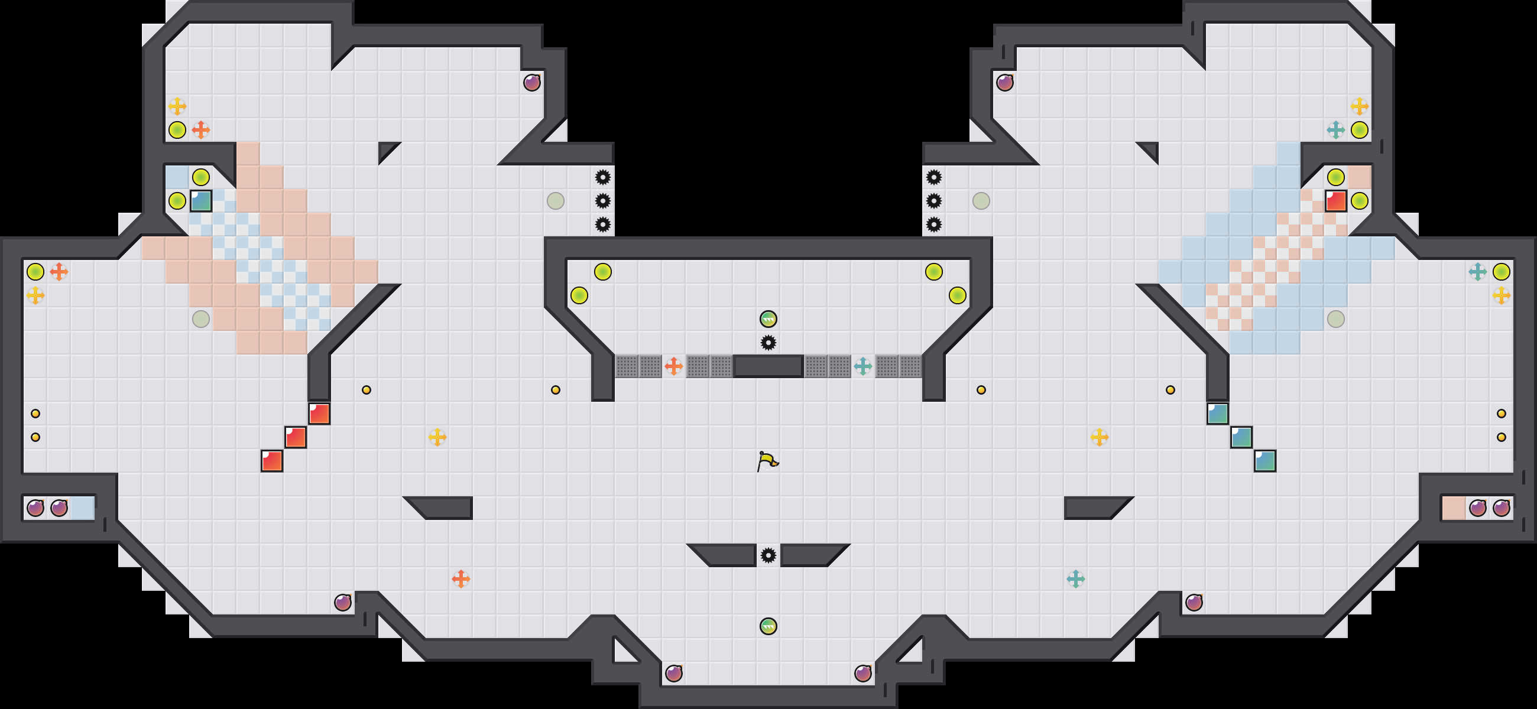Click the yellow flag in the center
tap(768, 461)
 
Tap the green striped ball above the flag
tap(768, 319)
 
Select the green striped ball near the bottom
tap(768, 626)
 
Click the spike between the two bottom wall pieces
tap(768, 555)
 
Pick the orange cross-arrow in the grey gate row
tap(674, 366)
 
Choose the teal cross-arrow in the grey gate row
tap(862, 366)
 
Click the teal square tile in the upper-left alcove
tap(201, 201)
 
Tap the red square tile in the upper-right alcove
tap(1335, 201)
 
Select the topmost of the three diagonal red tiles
tap(319, 413)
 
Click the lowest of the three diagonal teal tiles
tap(1265, 461)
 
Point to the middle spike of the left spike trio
tap(602, 201)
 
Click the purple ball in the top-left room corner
tap(531, 82)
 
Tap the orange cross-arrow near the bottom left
tap(461, 578)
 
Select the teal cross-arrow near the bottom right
tap(1075, 578)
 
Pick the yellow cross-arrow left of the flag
tap(437, 437)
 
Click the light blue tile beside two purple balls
tap(82, 508)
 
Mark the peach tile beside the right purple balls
tap(1454, 508)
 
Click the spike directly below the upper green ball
tap(768, 343)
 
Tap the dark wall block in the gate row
tap(768, 366)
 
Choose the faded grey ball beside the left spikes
tap(556, 201)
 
